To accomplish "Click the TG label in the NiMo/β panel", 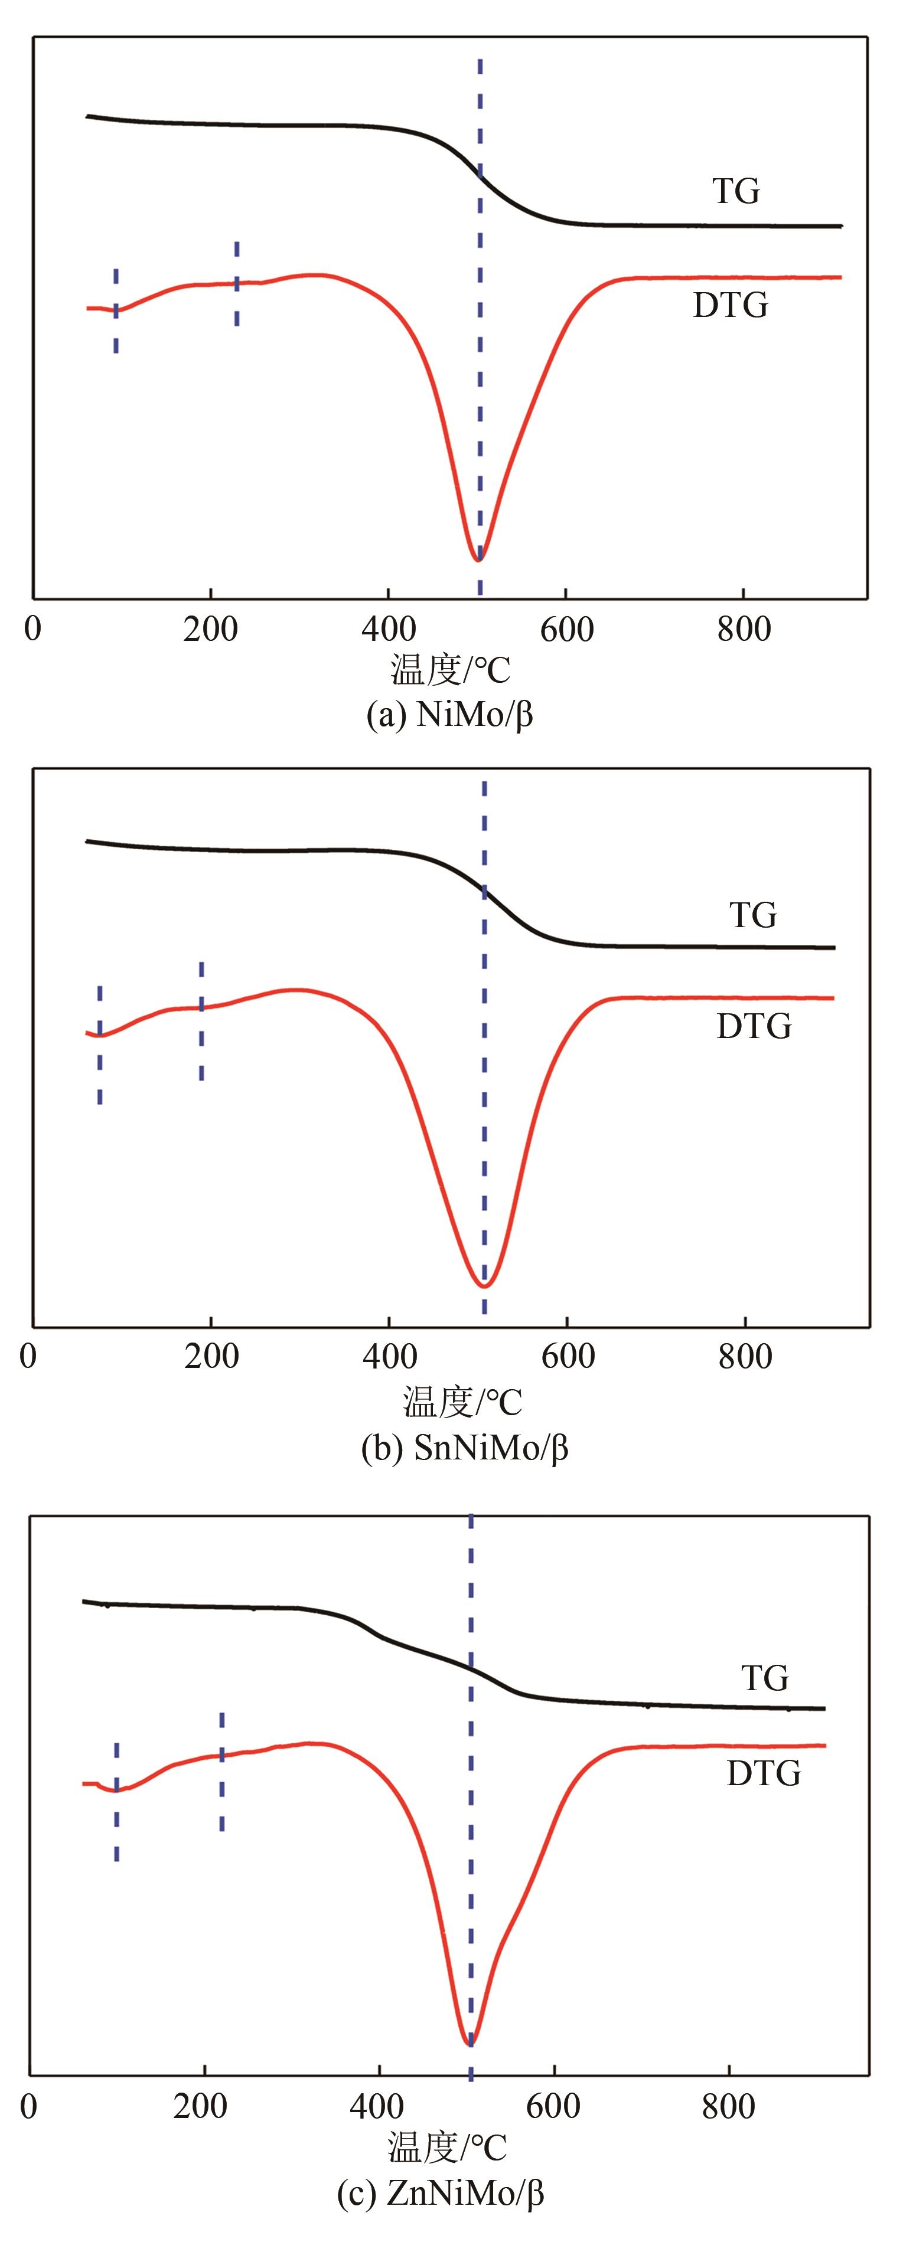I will tap(736, 191).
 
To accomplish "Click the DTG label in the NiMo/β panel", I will tap(730, 306).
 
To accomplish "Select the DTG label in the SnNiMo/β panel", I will tap(754, 1026).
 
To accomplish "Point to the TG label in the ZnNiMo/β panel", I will tap(765, 1678).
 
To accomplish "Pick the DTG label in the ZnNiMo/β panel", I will tap(764, 1774).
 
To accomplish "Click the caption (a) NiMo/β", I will tap(450, 716).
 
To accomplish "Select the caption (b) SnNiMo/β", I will tap(465, 1448).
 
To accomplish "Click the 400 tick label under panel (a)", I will tap(388, 630).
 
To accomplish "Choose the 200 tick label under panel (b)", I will tap(211, 1357).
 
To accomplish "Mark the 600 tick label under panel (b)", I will tap(568, 1357).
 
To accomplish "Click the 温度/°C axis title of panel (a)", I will tap(450, 672).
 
